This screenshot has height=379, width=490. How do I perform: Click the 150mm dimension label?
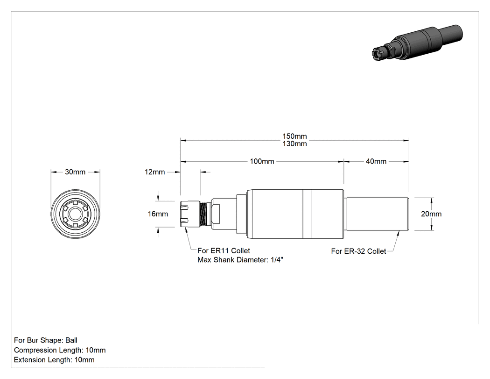294,136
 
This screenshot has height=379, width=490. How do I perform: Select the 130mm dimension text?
294,144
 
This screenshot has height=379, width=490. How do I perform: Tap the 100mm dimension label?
262,162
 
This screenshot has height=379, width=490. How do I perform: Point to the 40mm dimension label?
376,162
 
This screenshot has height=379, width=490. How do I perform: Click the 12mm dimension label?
154,172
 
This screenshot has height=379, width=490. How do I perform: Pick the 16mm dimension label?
158,214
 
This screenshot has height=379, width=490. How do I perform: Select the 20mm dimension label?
431,214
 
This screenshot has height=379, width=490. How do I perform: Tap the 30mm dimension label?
75,172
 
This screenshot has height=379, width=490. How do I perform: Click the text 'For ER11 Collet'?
224,250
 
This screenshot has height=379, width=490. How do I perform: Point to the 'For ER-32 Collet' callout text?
358,251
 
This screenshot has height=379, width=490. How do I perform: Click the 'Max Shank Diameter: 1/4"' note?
240,260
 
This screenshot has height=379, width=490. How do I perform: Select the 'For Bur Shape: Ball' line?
46,340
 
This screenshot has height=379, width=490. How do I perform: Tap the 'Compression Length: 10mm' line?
60,350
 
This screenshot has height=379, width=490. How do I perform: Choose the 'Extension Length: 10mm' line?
54,360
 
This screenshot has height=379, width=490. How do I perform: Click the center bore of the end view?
75,214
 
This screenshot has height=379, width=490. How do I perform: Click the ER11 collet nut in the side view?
190,214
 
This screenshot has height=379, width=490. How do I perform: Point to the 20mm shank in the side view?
377,214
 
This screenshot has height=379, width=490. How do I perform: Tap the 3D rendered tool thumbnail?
418,43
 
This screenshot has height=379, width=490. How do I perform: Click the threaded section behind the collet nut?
205,214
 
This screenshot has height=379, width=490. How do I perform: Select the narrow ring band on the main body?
307,214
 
